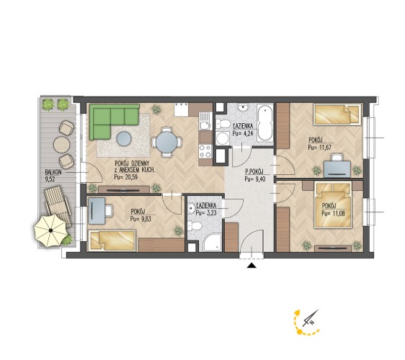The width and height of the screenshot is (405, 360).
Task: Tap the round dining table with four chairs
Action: click(167, 142)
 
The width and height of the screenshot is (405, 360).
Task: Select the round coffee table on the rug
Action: click(124, 138)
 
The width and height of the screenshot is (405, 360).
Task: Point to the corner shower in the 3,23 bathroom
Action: click(213, 243)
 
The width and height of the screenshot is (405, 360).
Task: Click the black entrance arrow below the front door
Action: click(252, 266)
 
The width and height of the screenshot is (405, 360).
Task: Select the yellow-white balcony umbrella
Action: click(51, 230)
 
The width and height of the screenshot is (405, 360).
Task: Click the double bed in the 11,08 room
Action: click(333, 204)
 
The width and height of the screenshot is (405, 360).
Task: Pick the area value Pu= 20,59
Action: click(125, 177)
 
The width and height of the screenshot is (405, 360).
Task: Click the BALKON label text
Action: click(53, 172)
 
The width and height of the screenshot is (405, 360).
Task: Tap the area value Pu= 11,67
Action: click(319, 148)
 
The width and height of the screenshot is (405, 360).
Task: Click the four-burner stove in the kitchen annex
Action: click(205, 151)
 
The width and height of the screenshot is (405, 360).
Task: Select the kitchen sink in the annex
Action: click(205, 121)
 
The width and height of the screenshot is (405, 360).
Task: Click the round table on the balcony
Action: click(62, 145)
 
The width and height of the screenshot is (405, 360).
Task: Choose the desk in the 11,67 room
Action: click(337, 169)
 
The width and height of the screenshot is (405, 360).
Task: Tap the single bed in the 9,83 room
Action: click(112, 240)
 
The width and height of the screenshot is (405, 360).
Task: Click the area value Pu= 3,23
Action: click(206, 213)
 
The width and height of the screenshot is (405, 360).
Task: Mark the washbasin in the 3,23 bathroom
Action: click(192, 208)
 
